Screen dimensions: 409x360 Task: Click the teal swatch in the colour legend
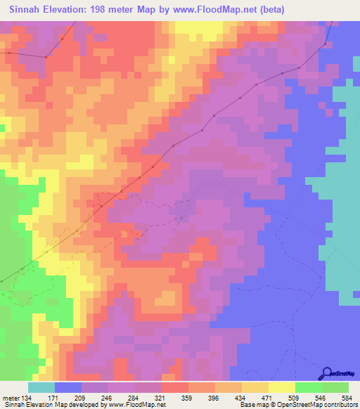41,387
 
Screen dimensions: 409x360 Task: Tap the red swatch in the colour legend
174,387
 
